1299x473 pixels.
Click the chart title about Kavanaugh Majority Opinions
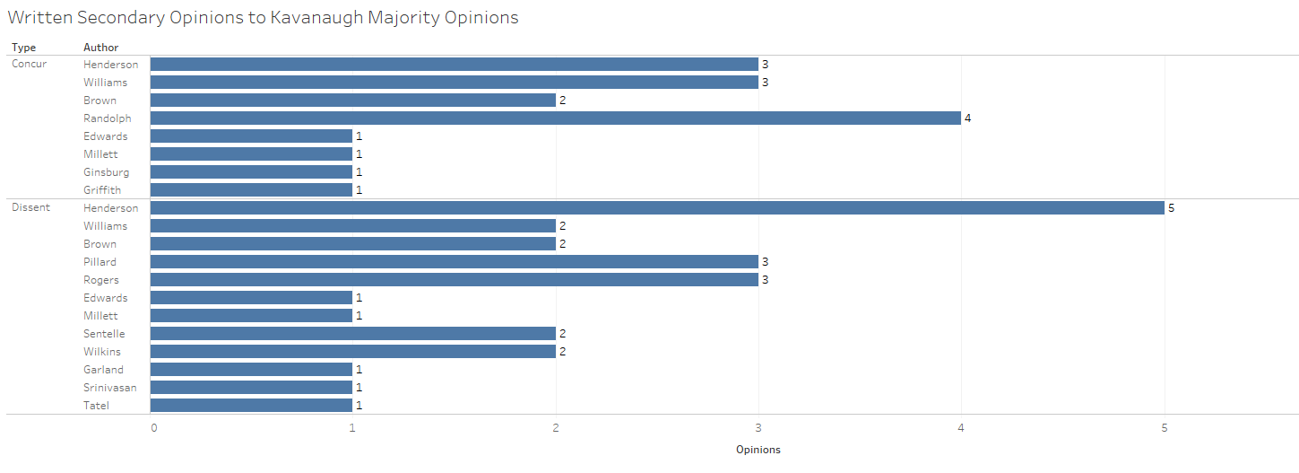coord(263,17)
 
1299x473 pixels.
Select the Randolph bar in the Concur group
coord(555,118)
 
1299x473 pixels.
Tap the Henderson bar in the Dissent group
coord(657,208)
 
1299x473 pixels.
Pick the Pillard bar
coord(454,262)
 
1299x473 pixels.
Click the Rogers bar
coord(454,280)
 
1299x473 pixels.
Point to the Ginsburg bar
coord(251,172)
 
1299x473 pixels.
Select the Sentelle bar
coord(352,334)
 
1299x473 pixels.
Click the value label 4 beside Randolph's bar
coord(968,118)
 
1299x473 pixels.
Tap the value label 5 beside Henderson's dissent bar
coord(1171,208)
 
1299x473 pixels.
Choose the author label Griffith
coord(102,190)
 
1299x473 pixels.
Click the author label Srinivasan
coord(110,388)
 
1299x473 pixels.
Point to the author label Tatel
coord(97,406)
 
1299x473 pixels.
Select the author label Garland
coord(104,370)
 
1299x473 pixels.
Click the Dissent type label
coord(30,208)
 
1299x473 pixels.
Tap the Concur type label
coord(30,65)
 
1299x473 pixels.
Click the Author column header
coord(100,48)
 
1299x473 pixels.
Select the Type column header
coord(23,48)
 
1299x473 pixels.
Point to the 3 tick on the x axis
coord(758,428)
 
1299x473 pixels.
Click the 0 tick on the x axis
coord(154,428)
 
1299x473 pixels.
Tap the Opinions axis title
coord(758,450)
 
